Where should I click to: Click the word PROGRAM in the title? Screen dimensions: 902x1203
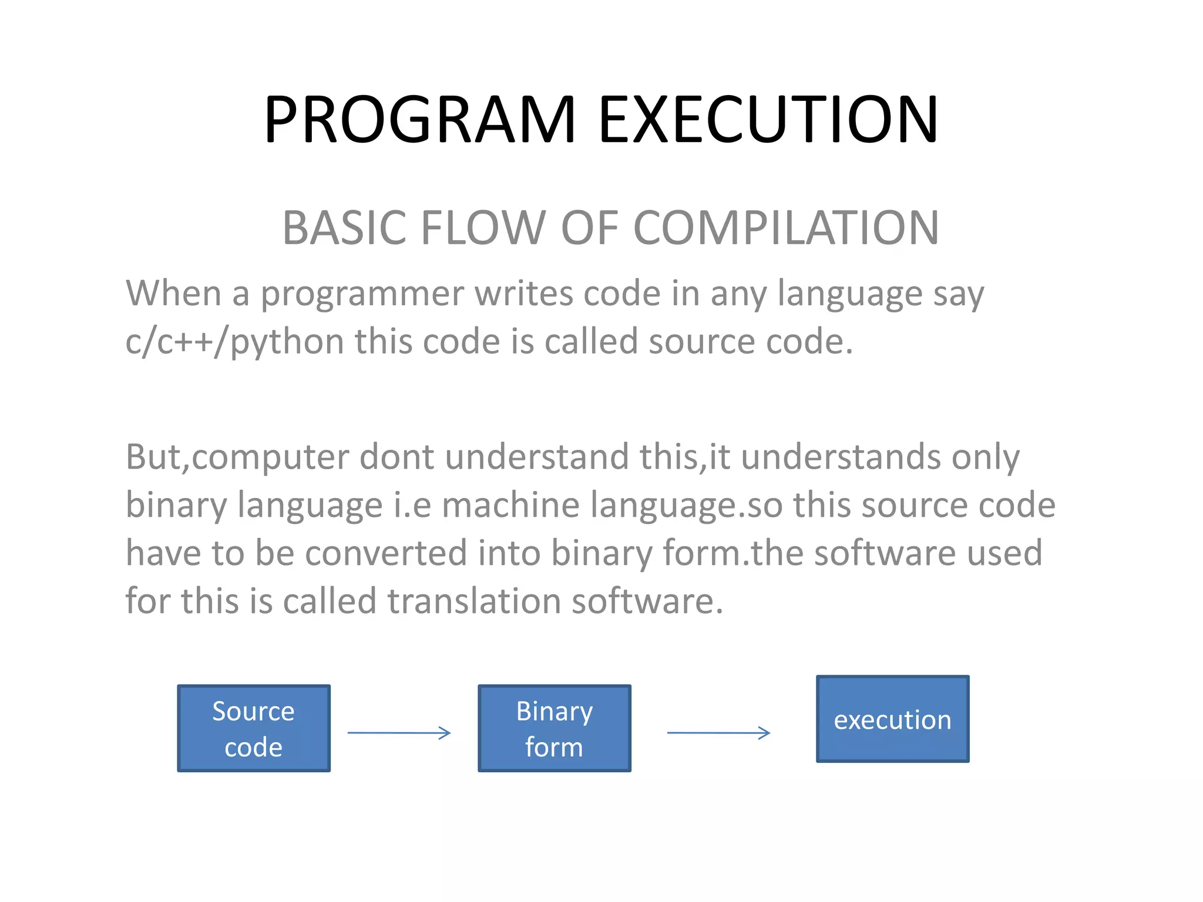point(419,120)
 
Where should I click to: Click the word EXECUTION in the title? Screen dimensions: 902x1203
point(768,120)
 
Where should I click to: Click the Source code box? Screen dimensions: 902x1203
point(254,728)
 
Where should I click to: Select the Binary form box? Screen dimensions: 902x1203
point(555,728)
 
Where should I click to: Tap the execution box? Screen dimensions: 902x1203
point(892,719)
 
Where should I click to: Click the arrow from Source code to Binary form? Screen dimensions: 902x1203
point(399,732)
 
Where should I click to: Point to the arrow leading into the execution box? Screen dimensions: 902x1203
point(718,732)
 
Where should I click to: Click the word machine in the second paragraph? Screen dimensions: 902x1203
point(510,505)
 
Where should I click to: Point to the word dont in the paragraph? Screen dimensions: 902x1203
point(396,457)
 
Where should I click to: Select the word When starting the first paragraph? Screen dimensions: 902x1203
point(173,294)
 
